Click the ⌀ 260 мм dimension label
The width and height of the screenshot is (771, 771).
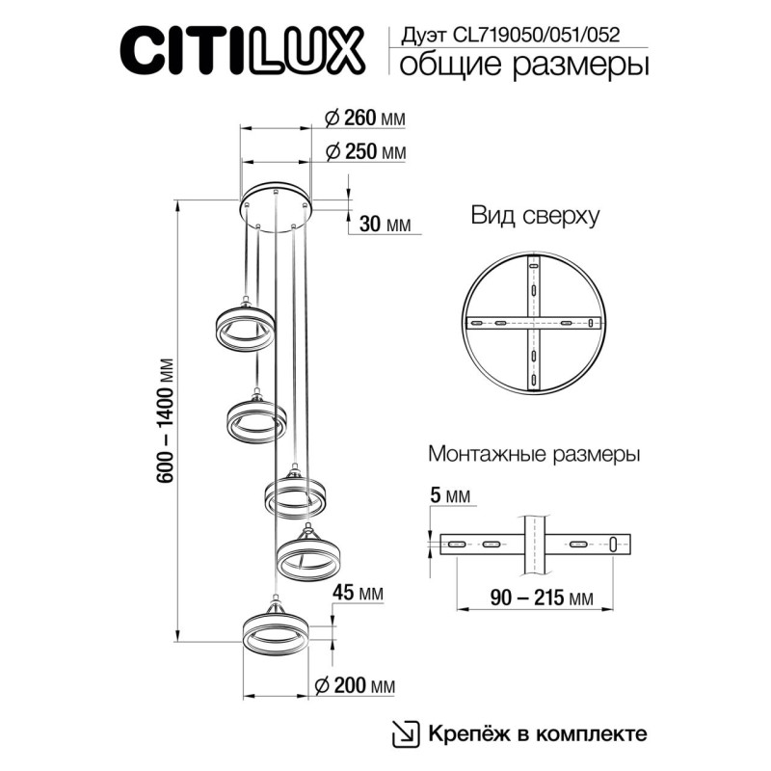point(365,119)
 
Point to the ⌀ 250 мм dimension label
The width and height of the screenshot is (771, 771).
point(365,153)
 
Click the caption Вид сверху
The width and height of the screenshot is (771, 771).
point(535,216)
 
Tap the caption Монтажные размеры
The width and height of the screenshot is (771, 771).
point(534,453)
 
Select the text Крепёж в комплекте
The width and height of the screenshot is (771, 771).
point(537,733)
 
